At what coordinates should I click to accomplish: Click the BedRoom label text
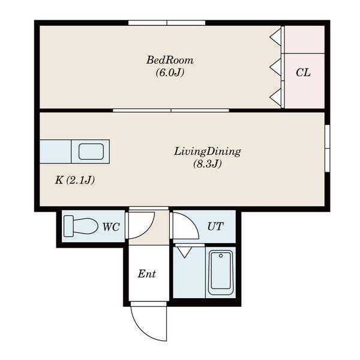tap(170, 60)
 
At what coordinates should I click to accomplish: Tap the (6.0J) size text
tap(170, 73)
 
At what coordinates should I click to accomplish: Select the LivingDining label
tap(208, 152)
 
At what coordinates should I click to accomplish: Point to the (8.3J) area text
tap(208, 164)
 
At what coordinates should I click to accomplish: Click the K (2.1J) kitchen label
tap(75, 180)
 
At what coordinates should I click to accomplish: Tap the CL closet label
tap(303, 73)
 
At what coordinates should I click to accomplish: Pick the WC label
tap(111, 227)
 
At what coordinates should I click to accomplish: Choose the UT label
tap(215, 226)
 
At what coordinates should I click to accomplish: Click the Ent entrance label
tap(147, 274)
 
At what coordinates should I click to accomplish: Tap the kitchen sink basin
tap(91, 152)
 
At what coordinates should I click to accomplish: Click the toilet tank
tap(68, 226)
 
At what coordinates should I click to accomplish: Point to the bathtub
tap(221, 272)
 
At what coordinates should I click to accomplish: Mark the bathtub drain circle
tap(221, 256)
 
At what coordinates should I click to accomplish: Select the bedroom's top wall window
tap(167, 23)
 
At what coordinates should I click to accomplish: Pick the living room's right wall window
tap(328, 148)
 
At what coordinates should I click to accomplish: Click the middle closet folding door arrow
tap(275, 67)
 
